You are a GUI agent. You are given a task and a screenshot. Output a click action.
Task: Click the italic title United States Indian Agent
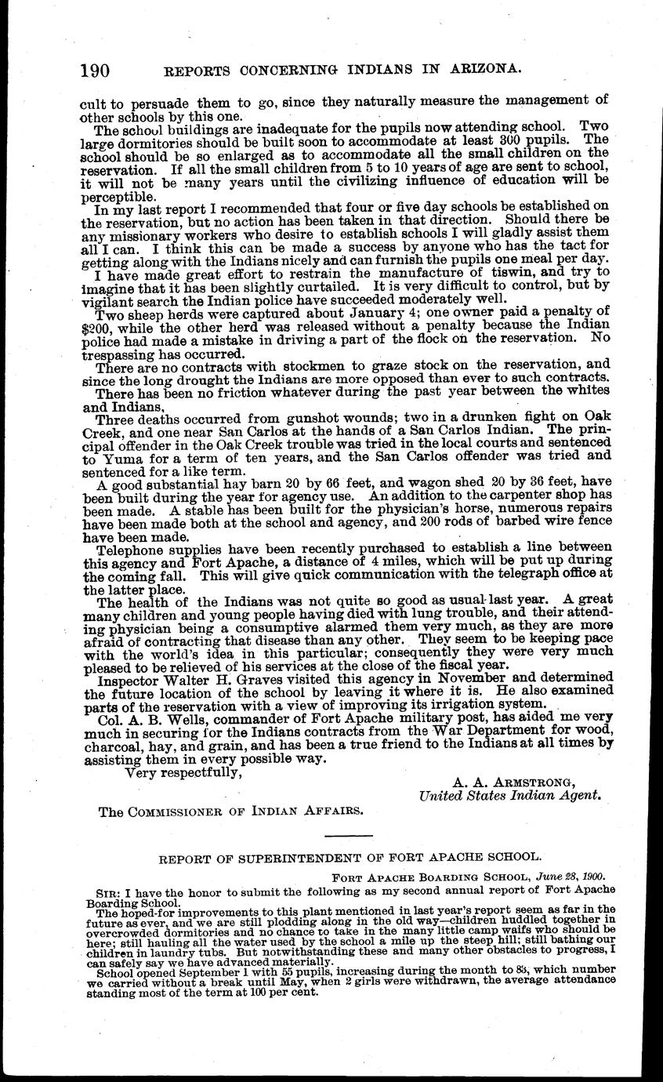510,794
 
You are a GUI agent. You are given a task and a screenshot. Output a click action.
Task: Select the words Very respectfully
182,772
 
